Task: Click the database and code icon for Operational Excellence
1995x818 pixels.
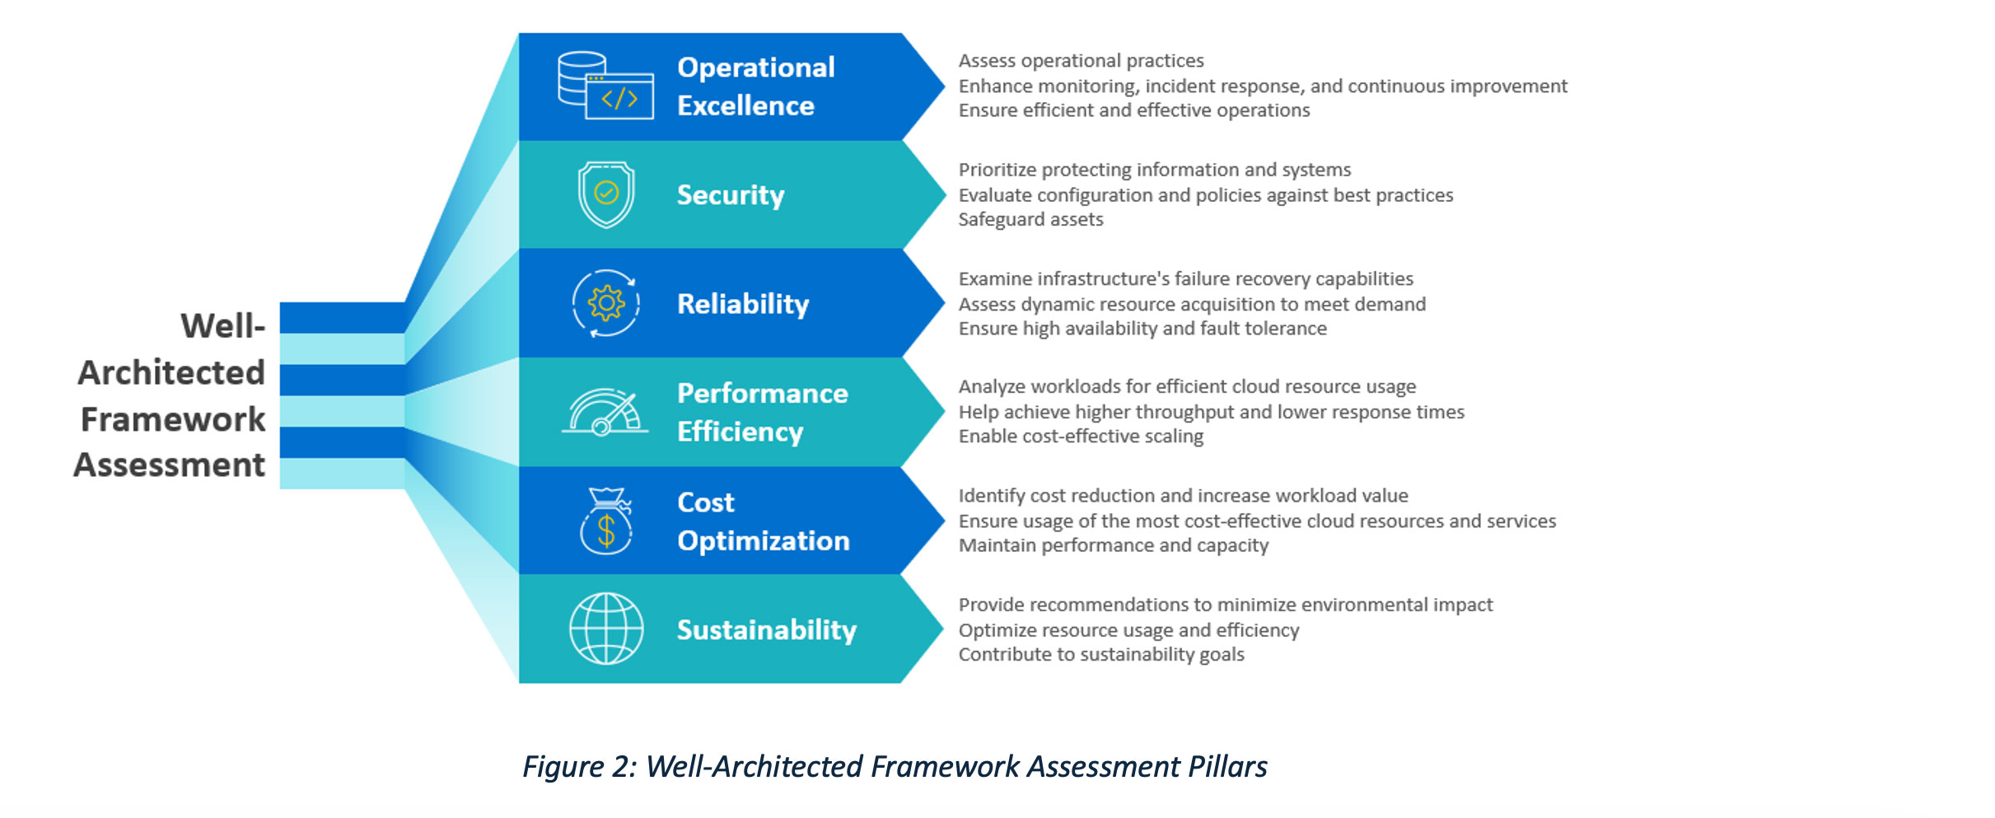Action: tap(605, 86)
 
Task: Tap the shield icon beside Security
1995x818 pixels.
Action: tap(606, 194)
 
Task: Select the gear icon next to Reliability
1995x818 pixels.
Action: tap(606, 303)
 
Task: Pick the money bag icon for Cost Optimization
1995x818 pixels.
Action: tap(606, 521)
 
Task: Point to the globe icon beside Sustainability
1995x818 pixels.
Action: tap(606, 629)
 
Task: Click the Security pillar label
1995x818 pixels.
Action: tap(730, 195)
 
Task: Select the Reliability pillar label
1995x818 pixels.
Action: tap(742, 304)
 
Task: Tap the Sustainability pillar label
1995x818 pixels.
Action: tap(766, 630)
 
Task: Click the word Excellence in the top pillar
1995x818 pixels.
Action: tap(745, 106)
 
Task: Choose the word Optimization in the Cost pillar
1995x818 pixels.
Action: tap(763, 541)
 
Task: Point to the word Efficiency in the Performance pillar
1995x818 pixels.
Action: tap(740, 432)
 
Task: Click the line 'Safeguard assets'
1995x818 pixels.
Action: tap(1030, 220)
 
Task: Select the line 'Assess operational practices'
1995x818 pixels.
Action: tap(1081, 61)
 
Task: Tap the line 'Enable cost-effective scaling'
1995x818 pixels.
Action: tap(1081, 437)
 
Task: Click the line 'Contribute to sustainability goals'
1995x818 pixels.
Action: tap(1101, 655)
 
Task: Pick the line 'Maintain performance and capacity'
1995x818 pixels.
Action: tap(1113, 545)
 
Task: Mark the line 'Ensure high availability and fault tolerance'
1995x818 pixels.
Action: tap(1142, 329)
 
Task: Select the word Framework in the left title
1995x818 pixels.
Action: tap(173, 419)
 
